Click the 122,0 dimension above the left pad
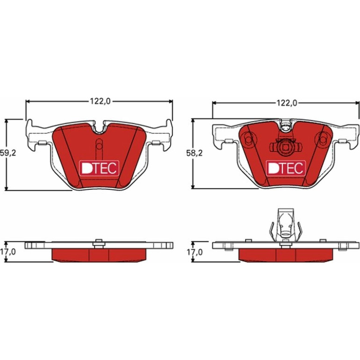coord(100,101)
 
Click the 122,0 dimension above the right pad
coord(286,103)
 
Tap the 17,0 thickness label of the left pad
coord(8,252)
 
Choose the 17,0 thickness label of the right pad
coord(194,252)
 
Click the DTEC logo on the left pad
coord(99,168)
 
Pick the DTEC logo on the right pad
coord(286,168)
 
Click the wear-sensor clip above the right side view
coord(286,225)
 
